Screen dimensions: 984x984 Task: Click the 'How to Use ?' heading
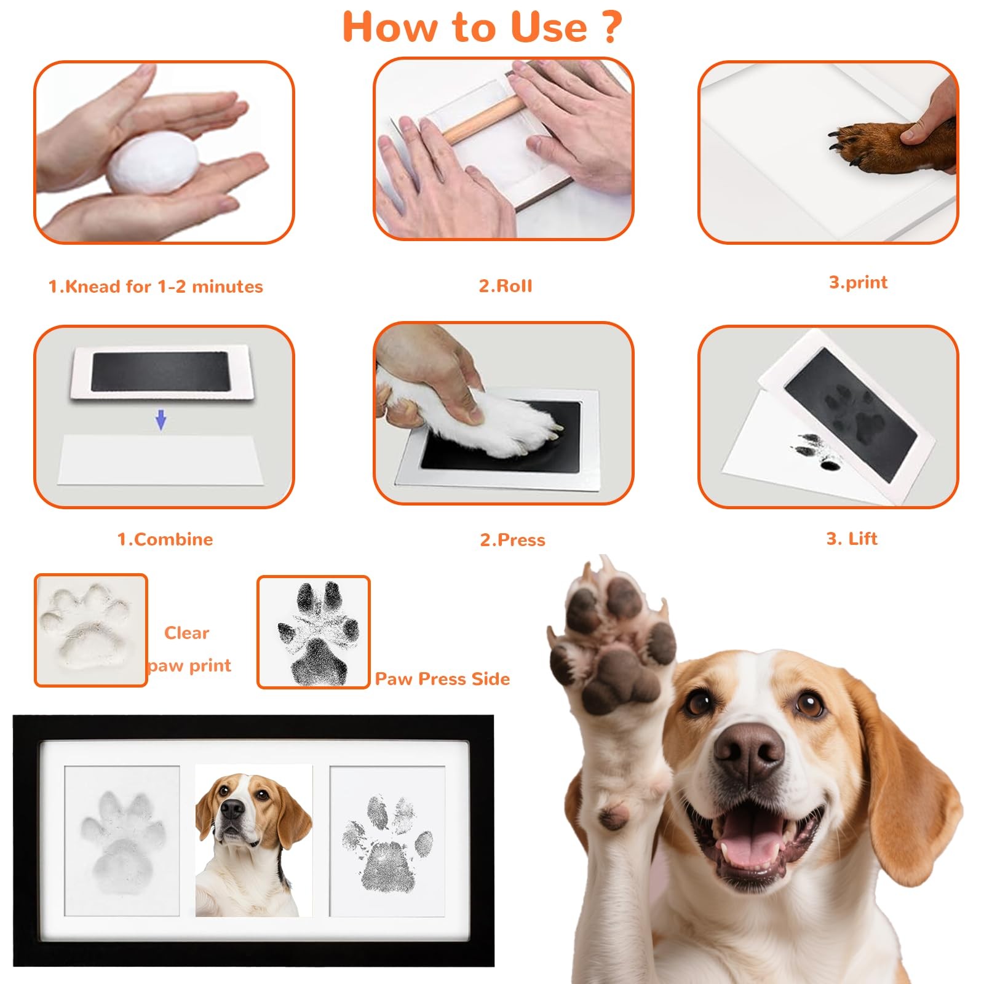[x=482, y=27]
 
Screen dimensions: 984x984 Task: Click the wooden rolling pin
[x=486, y=123]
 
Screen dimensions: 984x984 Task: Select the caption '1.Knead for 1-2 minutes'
[x=156, y=287]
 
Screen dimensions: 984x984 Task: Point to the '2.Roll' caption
[x=506, y=286]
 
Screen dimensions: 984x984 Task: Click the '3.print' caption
[x=858, y=282]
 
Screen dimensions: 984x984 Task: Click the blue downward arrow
[x=161, y=420]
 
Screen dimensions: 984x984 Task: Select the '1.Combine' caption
[x=165, y=539]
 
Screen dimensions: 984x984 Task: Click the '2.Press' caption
[x=512, y=540]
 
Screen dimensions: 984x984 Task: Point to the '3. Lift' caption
[x=852, y=539]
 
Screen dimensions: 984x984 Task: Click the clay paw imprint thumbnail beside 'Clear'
[x=90, y=630]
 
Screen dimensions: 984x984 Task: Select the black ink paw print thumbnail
[x=314, y=632]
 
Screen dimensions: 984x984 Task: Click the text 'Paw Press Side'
[x=443, y=679]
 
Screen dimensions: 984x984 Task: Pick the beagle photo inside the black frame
[x=253, y=841]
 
